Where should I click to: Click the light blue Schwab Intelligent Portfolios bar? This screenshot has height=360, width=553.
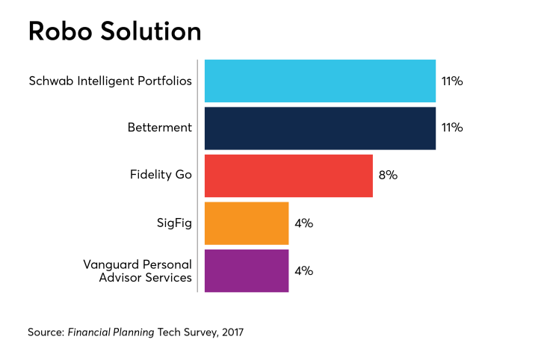click(x=320, y=81)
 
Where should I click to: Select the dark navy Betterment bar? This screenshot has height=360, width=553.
click(x=320, y=128)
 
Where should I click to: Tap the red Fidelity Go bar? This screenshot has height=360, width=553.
click(x=288, y=176)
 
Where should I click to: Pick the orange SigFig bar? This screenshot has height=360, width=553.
click(x=246, y=223)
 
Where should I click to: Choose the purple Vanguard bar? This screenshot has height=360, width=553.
click(x=246, y=270)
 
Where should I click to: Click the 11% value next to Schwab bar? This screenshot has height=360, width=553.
click(x=452, y=81)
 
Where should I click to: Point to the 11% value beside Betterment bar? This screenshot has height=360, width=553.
click(x=452, y=128)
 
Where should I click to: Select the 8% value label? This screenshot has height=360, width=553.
click(x=388, y=176)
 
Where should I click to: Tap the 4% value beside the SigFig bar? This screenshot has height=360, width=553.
click(x=303, y=223)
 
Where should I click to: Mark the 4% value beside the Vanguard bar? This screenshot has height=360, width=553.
click(x=303, y=270)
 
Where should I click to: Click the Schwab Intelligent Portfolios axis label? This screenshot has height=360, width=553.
click(x=110, y=81)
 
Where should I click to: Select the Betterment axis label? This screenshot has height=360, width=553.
click(x=159, y=128)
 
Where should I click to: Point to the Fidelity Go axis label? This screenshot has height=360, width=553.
click(x=161, y=176)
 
